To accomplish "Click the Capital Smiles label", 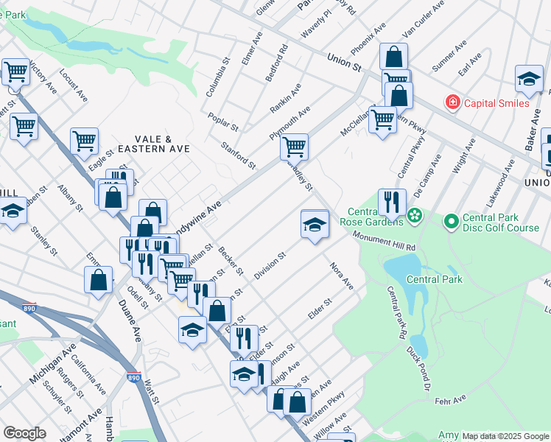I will (496, 103).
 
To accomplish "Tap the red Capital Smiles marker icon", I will (453, 102).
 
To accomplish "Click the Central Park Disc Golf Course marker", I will (451, 220).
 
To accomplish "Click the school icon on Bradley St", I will (315, 224).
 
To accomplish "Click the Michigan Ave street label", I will (53, 365).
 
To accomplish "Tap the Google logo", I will (24, 433).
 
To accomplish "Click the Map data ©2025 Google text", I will (505, 436).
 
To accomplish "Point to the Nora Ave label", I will (342, 276).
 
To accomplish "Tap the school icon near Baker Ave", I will (529, 79).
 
